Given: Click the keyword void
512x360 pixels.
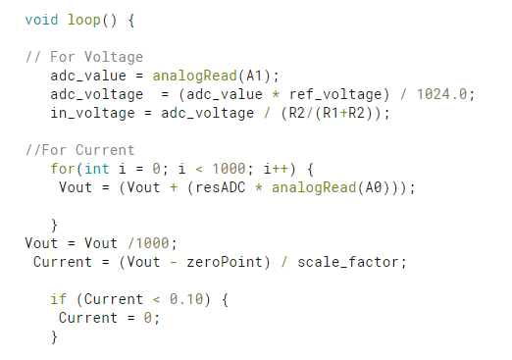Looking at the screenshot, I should (x=40, y=20).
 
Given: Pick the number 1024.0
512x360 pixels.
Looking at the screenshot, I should (x=444, y=94).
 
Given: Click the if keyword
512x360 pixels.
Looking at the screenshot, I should (x=58, y=299).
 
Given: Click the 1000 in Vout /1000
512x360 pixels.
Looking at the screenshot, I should (x=145, y=243).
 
